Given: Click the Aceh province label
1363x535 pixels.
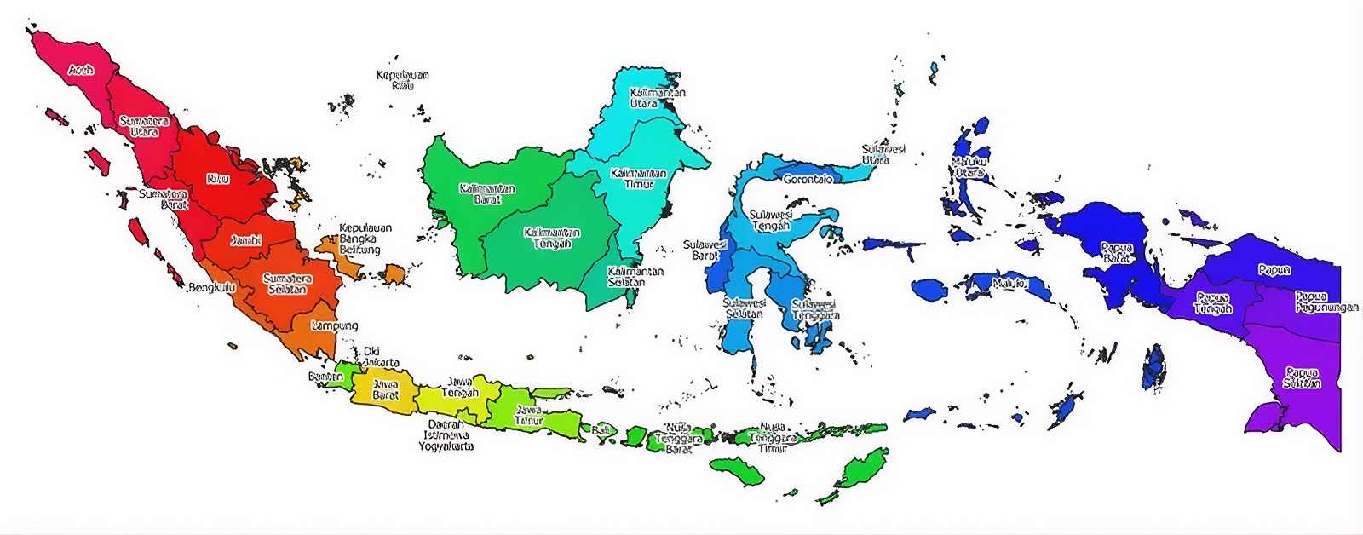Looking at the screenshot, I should [x=81, y=70].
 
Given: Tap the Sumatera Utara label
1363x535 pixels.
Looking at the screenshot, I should [x=144, y=127].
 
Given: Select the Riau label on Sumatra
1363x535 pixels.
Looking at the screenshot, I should [x=218, y=179].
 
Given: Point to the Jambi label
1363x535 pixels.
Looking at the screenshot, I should [x=246, y=241].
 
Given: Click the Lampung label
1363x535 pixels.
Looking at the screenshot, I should [x=335, y=325].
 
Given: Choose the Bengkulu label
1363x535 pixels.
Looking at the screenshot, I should [x=211, y=288].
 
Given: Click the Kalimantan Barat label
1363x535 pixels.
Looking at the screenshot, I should [x=487, y=193].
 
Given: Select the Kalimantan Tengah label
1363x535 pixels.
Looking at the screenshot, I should [x=552, y=238].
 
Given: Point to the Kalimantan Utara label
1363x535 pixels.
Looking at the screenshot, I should [x=657, y=98].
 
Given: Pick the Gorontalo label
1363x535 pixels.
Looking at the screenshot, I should [x=808, y=180].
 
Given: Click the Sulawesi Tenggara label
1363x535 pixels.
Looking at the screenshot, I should [x=815, y=310].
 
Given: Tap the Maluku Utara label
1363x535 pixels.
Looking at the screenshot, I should [x=969, y=167].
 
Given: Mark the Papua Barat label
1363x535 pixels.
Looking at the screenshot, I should [x=1117, y=252].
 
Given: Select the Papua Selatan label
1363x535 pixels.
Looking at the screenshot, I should [x=1302, y=378].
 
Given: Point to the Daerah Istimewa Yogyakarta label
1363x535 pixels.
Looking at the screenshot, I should [x=446, y=435].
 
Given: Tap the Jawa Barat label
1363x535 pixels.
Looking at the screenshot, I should [x=386, y=390].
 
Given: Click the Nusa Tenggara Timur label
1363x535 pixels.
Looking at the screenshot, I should [x=773, y=438].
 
